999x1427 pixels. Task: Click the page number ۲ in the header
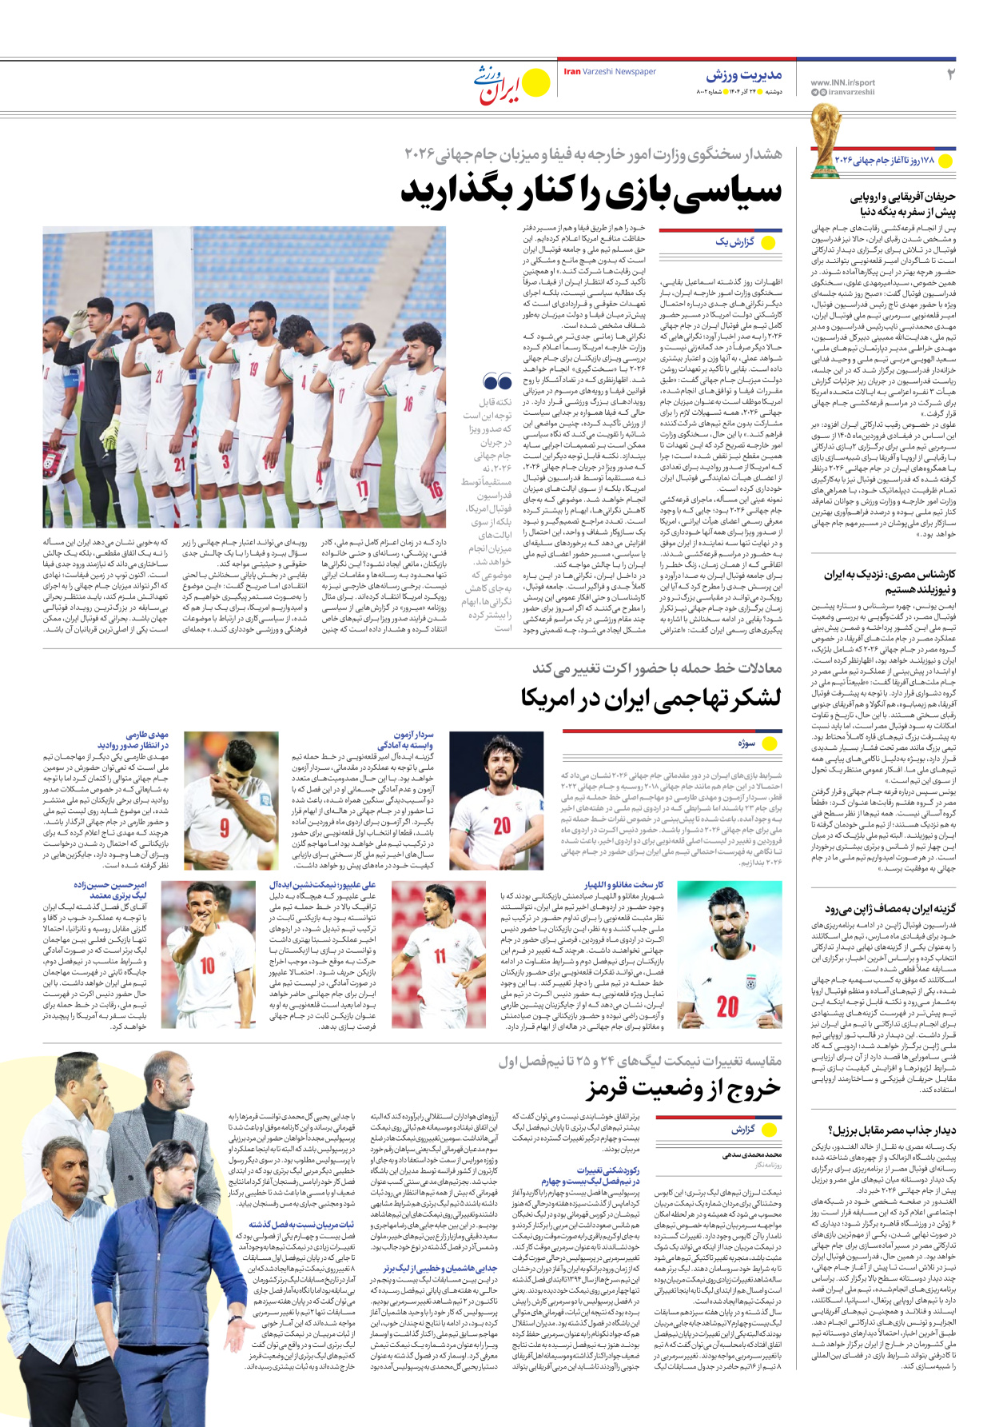pyautogui.click(x=950, y=74)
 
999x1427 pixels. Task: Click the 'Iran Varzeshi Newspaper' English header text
pyautogui.click(x=610, y=72)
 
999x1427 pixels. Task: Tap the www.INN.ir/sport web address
pyautogui.click(x=842, y=82)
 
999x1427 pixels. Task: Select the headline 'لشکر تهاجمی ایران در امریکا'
pyautogui.click(x=651, y=698)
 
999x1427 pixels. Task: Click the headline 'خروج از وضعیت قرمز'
pyautogui.click(x=684, y=1088)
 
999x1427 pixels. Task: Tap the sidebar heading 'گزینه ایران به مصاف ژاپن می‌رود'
pyautogui.click(x=890, y=909)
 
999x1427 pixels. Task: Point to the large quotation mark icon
pyautogui.click(x=496, y=381)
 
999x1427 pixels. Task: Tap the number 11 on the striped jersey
pyautogui.click(x=440, y=955)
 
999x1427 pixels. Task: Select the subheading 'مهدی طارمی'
pyautogui.click(x=148, y=735)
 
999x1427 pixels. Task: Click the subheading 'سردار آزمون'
pyautogui.click(x=413, y=735)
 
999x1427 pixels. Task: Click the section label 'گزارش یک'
pyautogui.click(x=734, y=242)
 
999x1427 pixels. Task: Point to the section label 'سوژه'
pyautogui.click(x=746, y=743)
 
